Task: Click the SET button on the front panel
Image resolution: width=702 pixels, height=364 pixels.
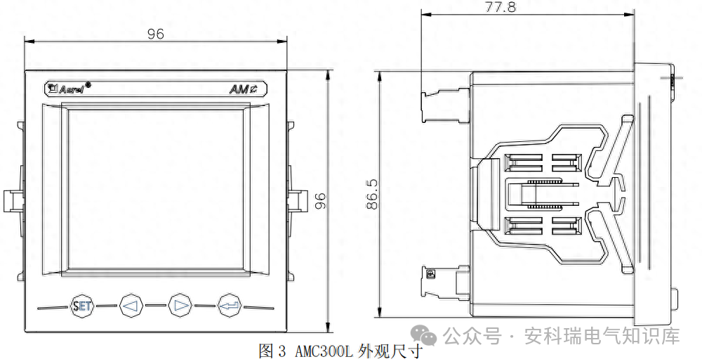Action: [82, 306]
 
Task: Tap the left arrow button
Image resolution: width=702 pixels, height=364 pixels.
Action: [131, 306]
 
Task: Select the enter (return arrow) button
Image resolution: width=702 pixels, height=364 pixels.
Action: [229, 306]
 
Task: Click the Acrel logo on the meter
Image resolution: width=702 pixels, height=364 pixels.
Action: [67, 89]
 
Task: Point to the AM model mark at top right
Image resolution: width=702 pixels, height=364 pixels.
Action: [244, 89]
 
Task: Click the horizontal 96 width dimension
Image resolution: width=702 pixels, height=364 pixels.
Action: [156, 34]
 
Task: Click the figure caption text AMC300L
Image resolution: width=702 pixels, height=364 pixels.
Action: [324, 351]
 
